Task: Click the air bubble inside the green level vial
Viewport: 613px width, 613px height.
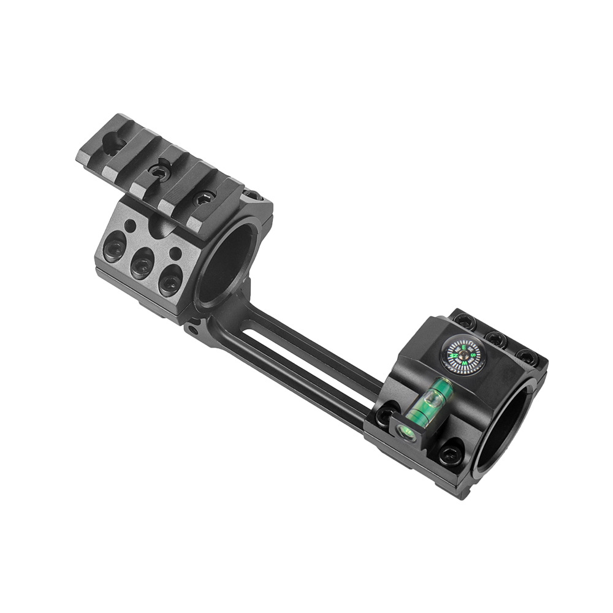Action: coord(436,400)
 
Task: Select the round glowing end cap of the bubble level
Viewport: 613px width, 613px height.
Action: coord(406,432)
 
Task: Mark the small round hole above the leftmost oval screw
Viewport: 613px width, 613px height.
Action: coord(130,225)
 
